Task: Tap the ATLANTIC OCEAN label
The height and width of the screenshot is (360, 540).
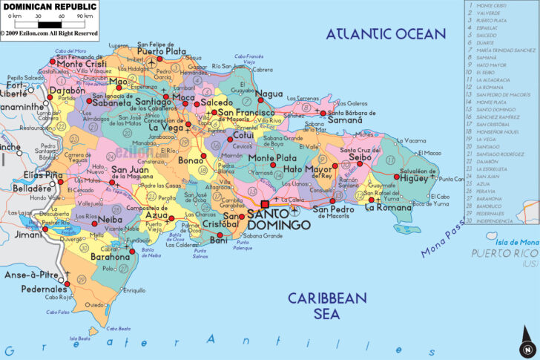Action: point(386,33)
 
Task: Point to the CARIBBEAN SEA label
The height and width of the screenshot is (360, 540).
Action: point(327,306)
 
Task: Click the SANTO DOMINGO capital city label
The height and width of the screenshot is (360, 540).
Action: point(278,219)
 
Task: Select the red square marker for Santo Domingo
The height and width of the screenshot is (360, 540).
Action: point(265,204)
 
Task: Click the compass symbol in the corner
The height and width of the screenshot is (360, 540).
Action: point(526,347)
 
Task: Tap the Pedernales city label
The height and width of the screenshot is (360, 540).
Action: point(44,289)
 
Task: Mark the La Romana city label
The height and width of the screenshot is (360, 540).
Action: point(387,208)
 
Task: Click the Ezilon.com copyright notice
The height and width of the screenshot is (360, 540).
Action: point(49,33)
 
